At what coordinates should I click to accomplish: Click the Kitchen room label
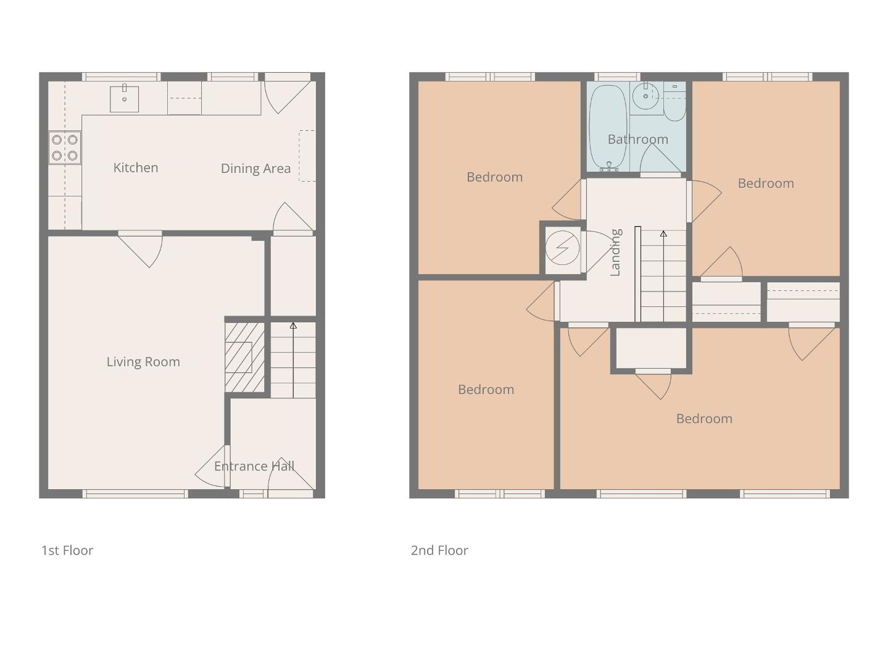(x=136, y=167)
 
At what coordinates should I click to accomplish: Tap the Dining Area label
(x=255, y=169)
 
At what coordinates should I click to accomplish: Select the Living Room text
(x=143, y=362)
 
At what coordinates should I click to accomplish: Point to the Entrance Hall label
(x=254, y=466)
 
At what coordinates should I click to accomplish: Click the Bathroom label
(x=637, y=139)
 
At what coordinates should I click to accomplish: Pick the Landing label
(x=615, y=252)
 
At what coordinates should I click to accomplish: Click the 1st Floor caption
(x=67, y=550)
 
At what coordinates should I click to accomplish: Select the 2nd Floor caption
(x=439, y=550)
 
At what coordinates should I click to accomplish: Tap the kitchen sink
(x=124, y=99)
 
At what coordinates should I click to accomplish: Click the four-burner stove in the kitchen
(x=65, y=148)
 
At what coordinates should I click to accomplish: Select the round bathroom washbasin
(x=646, y=96)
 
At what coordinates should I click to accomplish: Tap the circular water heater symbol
(x=562, y=248)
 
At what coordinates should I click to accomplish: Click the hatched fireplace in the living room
(x=245, y=358)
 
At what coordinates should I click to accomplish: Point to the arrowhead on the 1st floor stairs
(x=293, y=326)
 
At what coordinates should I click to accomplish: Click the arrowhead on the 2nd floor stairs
(x=663, y=234)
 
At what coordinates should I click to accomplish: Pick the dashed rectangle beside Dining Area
(x=307, y=156)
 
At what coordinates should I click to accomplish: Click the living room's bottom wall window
(x=136, y=494)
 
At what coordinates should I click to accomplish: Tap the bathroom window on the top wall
(x=617, y=77)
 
